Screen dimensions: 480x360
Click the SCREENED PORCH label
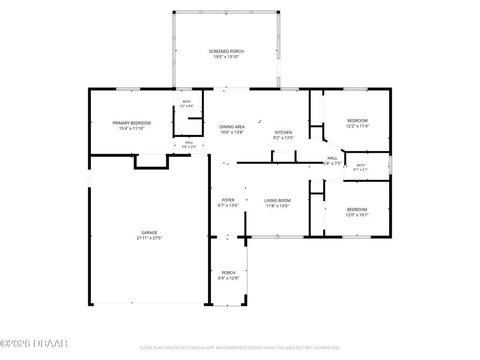[226, 52]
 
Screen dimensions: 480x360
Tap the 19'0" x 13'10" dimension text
[226, 57]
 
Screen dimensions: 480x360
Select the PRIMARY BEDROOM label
[132, 123]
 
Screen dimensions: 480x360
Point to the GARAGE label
[150, 232]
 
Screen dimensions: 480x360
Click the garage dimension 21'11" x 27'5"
[150, 238]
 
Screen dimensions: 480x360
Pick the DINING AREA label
[232, 127]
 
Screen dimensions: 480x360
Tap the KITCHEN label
[284, 132]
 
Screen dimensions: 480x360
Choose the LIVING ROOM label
[277, 201]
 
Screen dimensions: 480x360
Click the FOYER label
[228, 200]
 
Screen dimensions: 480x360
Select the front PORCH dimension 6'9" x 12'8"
[228, 278]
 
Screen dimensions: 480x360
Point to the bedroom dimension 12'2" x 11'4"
[358, 126]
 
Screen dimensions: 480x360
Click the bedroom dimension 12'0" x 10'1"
[357, 215]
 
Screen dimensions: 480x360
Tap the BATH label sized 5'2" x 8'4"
[187, 102]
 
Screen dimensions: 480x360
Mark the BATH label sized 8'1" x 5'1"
[360, 165]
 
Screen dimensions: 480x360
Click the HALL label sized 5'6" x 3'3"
[189, 142]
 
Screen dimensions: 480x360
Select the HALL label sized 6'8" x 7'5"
[332, 158]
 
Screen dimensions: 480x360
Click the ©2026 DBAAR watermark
[34, 344]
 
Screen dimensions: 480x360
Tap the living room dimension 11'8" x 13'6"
[277, 206]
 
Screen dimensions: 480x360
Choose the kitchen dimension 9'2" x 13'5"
[284, 138]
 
